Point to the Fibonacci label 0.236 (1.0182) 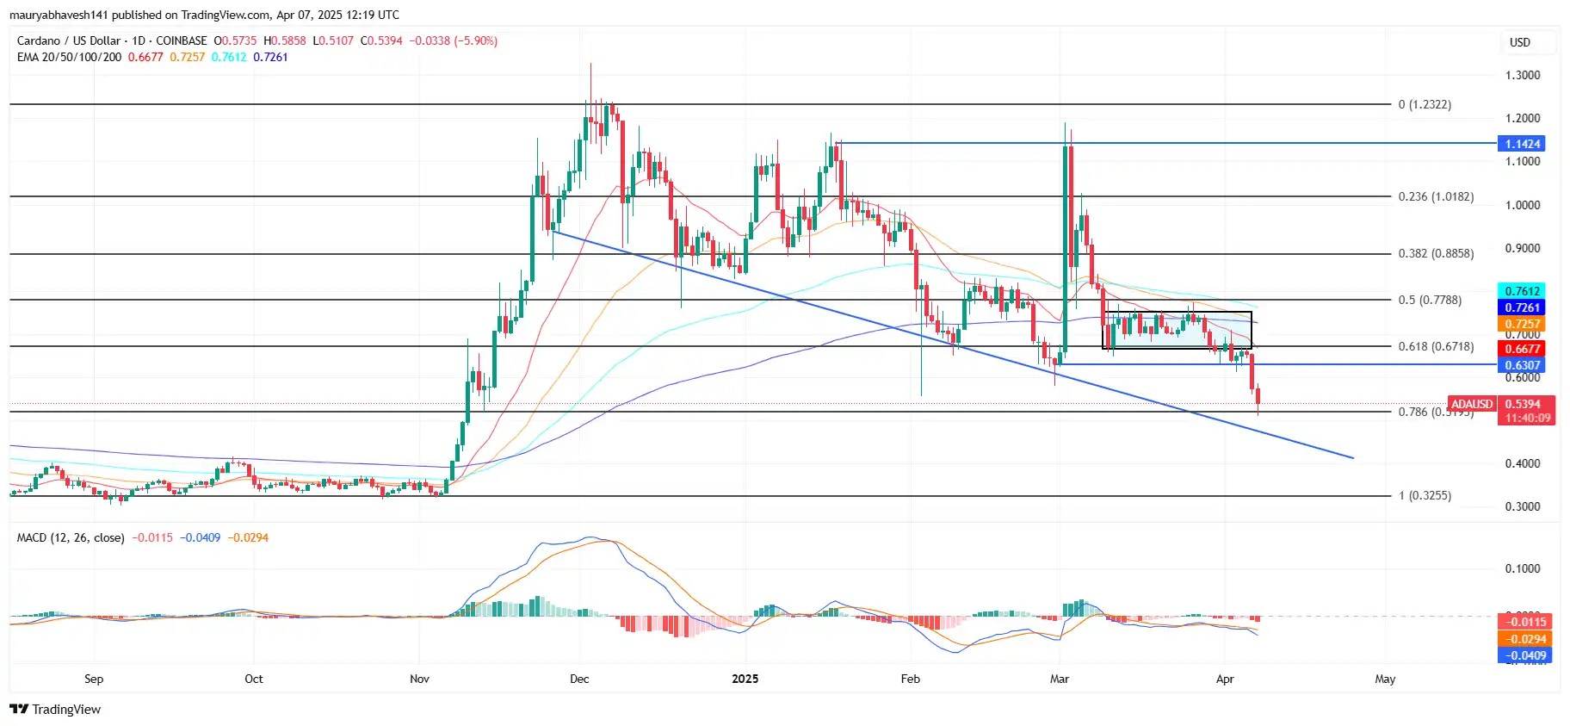coord(1436,196)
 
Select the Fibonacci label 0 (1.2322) coord(1425,104)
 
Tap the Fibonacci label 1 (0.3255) coord(1425,495)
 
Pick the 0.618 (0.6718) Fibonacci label coord(1436,346)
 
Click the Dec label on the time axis coord(579,679)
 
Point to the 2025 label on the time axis coord(745,679)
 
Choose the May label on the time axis coord(1385,679)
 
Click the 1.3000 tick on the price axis coord(1522,75)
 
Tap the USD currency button coord(1520,42)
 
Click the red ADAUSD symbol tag coord(1471,404)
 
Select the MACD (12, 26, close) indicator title coord(71,537)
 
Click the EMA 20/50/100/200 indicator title coord(69,57)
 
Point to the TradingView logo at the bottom coord(55,709)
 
